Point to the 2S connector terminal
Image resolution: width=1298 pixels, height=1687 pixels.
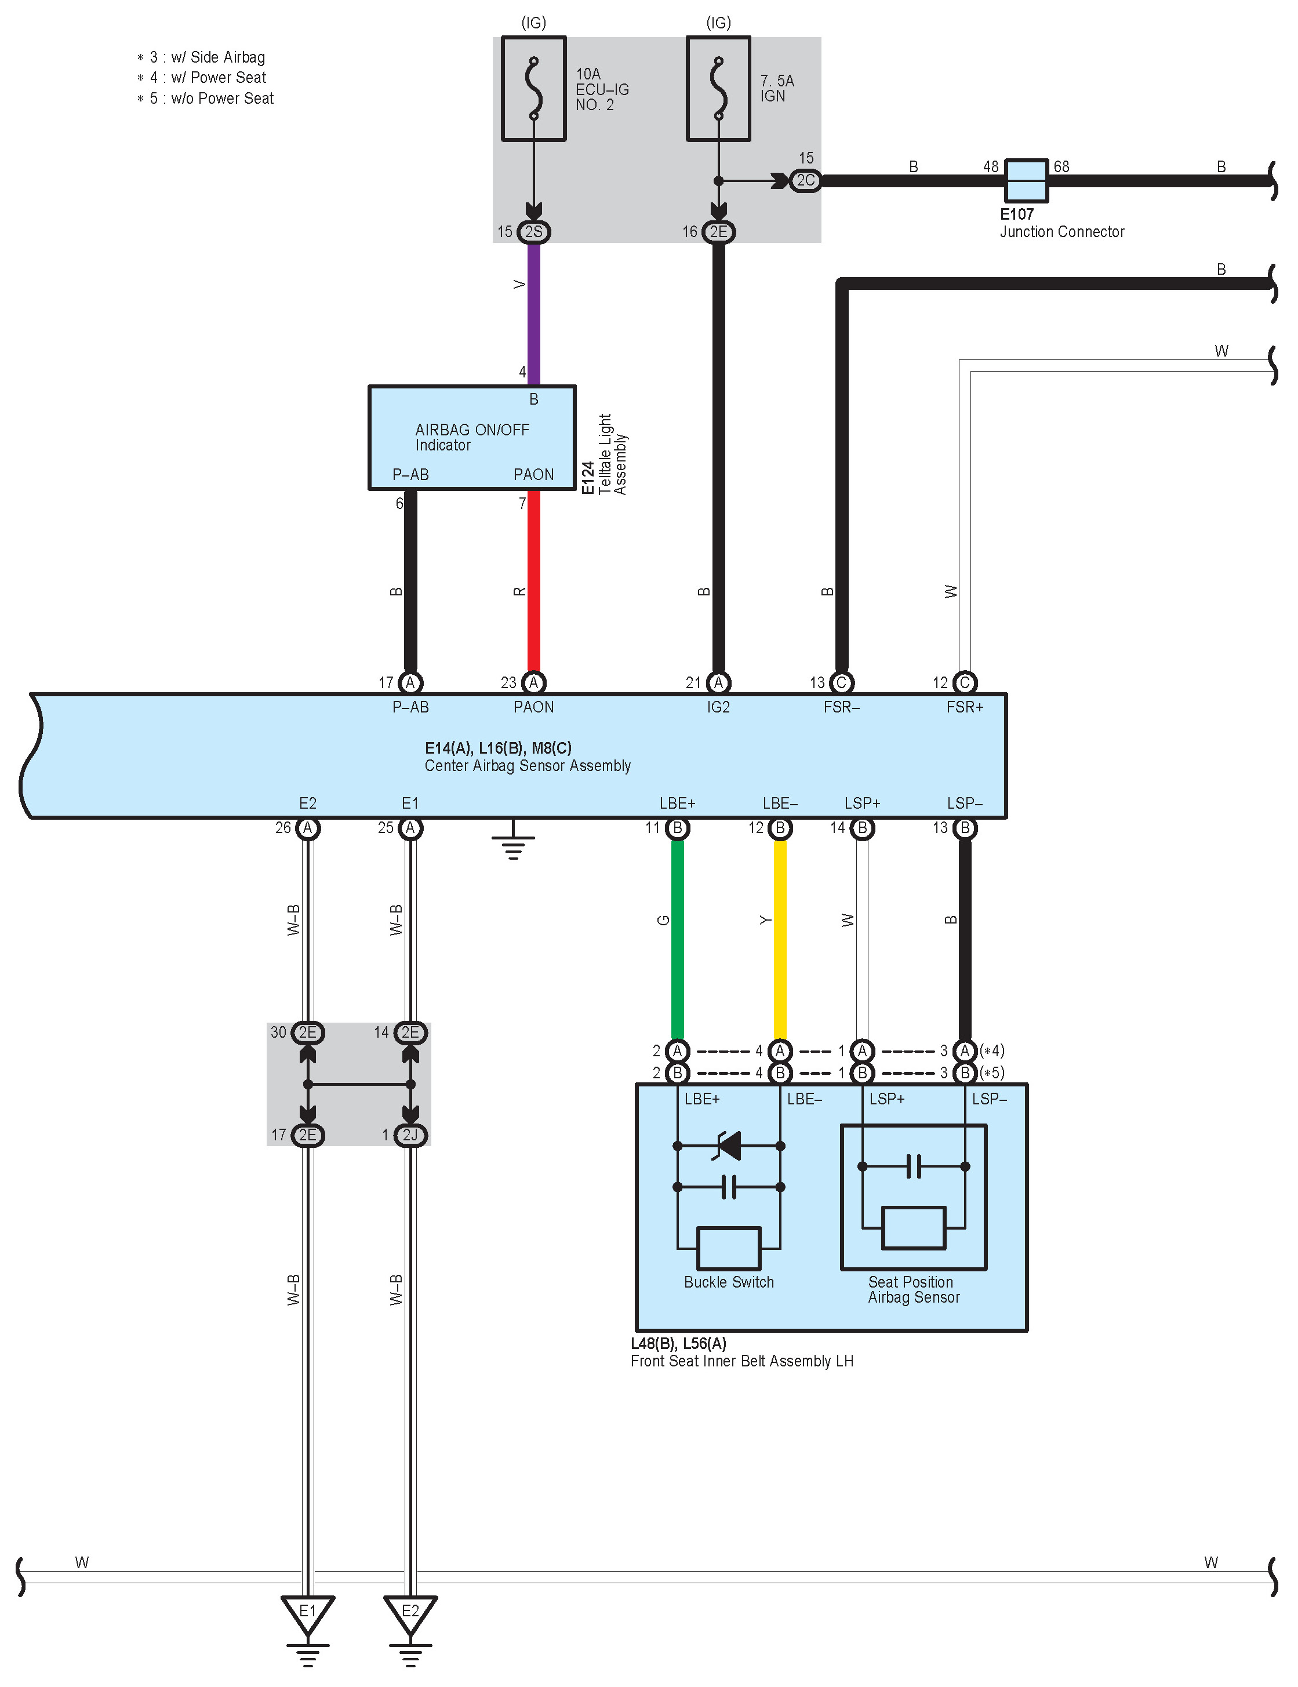[x=533, y=232]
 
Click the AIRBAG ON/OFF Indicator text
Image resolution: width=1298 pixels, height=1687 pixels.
[x=472, y=437]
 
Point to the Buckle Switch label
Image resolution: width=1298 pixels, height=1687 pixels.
[x=729, y=1282]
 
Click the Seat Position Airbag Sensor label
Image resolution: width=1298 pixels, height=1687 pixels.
[x=913, y=1290]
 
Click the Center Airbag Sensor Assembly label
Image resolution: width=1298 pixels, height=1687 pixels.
[x=528, y=765]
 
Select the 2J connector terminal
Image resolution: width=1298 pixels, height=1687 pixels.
[x=410, y=1135]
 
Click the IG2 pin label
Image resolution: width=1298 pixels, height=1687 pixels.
[x=718, y=707]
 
